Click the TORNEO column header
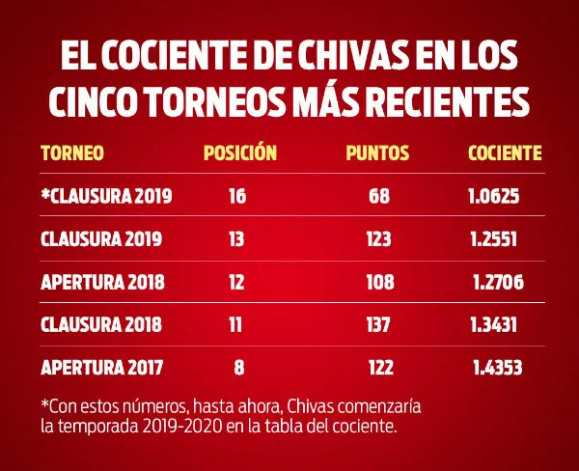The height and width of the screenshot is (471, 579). (71, 152)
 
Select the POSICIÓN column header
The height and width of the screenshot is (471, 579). (240, 152)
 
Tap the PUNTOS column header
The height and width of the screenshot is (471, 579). (377, 152)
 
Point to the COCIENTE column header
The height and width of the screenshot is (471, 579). (504, 152)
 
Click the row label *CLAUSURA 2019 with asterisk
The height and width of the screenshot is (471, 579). (106, 197)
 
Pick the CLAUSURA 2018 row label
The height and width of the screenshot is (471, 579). (100, 325)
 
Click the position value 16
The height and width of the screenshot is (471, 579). (237, 197)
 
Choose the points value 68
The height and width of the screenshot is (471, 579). (378, 197)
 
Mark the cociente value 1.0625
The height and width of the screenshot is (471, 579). (494, 197)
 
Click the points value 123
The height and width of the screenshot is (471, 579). (379, 238)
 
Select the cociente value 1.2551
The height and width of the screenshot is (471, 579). (495, 238)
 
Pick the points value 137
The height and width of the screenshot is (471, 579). (379, 325)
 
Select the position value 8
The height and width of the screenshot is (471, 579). (239, 368)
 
